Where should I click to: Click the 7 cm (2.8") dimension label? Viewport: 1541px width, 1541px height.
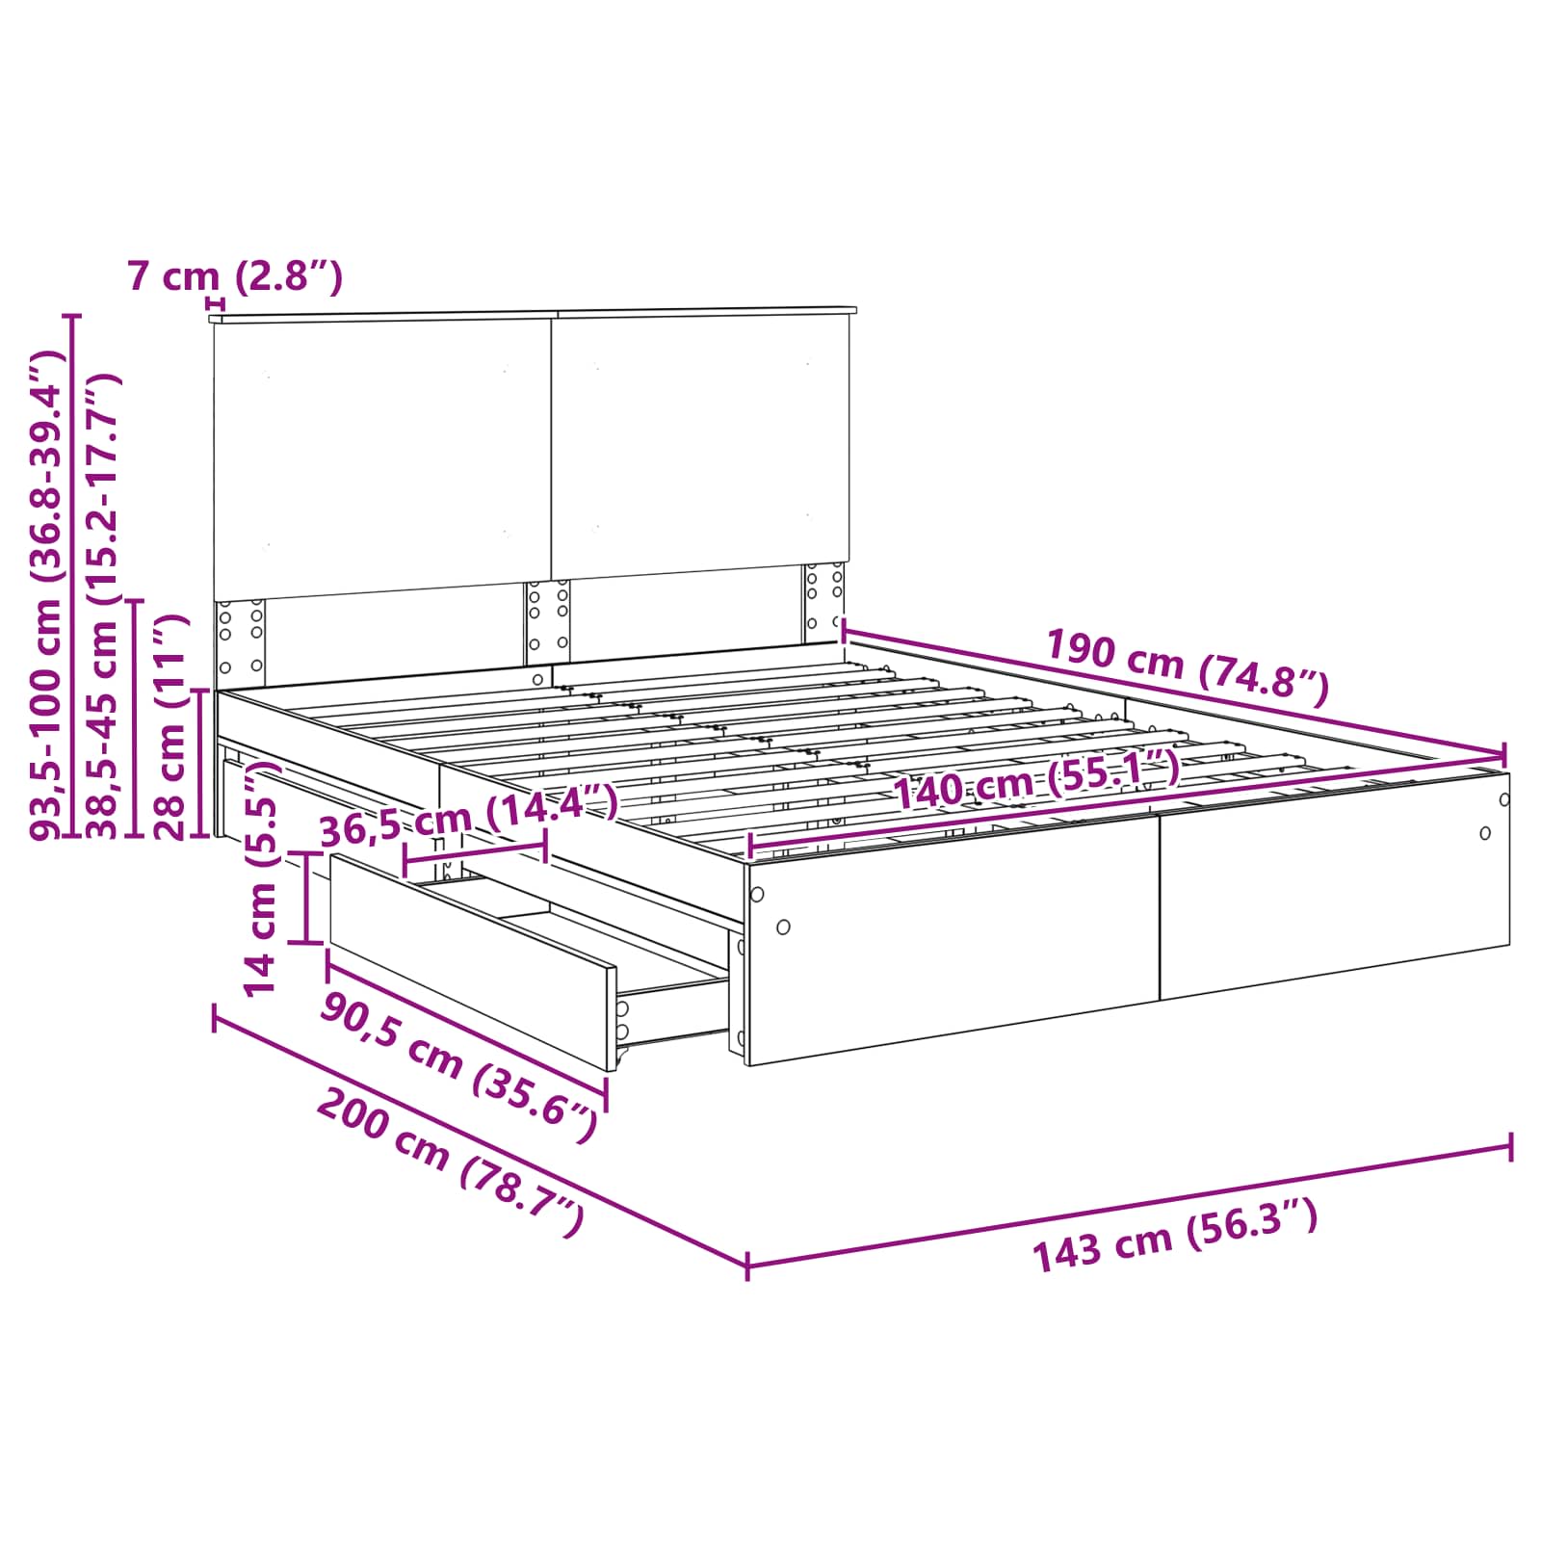(x=235, y=277)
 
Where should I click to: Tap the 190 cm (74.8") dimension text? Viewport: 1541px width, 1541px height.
(x=1187, y=666)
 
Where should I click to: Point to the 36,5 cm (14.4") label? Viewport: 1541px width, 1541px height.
(x=468, y=815)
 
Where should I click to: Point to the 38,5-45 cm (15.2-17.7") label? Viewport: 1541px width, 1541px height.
(x=104, y=606)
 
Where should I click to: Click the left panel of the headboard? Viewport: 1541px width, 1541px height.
(x=381, y=458)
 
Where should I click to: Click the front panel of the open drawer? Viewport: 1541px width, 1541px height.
(x=472, y=960)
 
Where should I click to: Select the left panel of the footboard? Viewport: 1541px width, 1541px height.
(x=953, y=935)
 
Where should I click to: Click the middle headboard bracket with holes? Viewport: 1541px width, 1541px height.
(x=547, y=622)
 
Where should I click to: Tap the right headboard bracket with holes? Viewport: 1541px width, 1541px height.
(x=824, y=602)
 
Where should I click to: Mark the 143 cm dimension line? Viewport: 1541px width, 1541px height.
(x=1129, y=1204)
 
